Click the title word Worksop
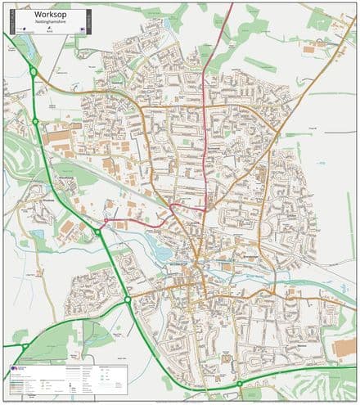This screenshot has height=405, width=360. (x=48, y=16)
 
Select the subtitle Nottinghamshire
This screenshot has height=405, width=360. (x=48, y=24)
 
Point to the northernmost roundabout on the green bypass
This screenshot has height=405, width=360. (x=33, y=72)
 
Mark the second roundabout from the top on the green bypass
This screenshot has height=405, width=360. (x=36, y=122)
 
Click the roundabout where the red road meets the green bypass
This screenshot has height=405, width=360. (x=97, y=232)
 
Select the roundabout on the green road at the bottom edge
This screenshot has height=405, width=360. (x=239, y=383)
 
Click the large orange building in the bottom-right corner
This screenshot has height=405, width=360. (x=344, y=349)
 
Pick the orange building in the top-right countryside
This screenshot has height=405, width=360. (x=310, y=49)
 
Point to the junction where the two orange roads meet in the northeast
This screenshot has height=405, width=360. (x=278, y=131)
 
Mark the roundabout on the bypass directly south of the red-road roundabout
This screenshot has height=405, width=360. (x=128, y=300)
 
